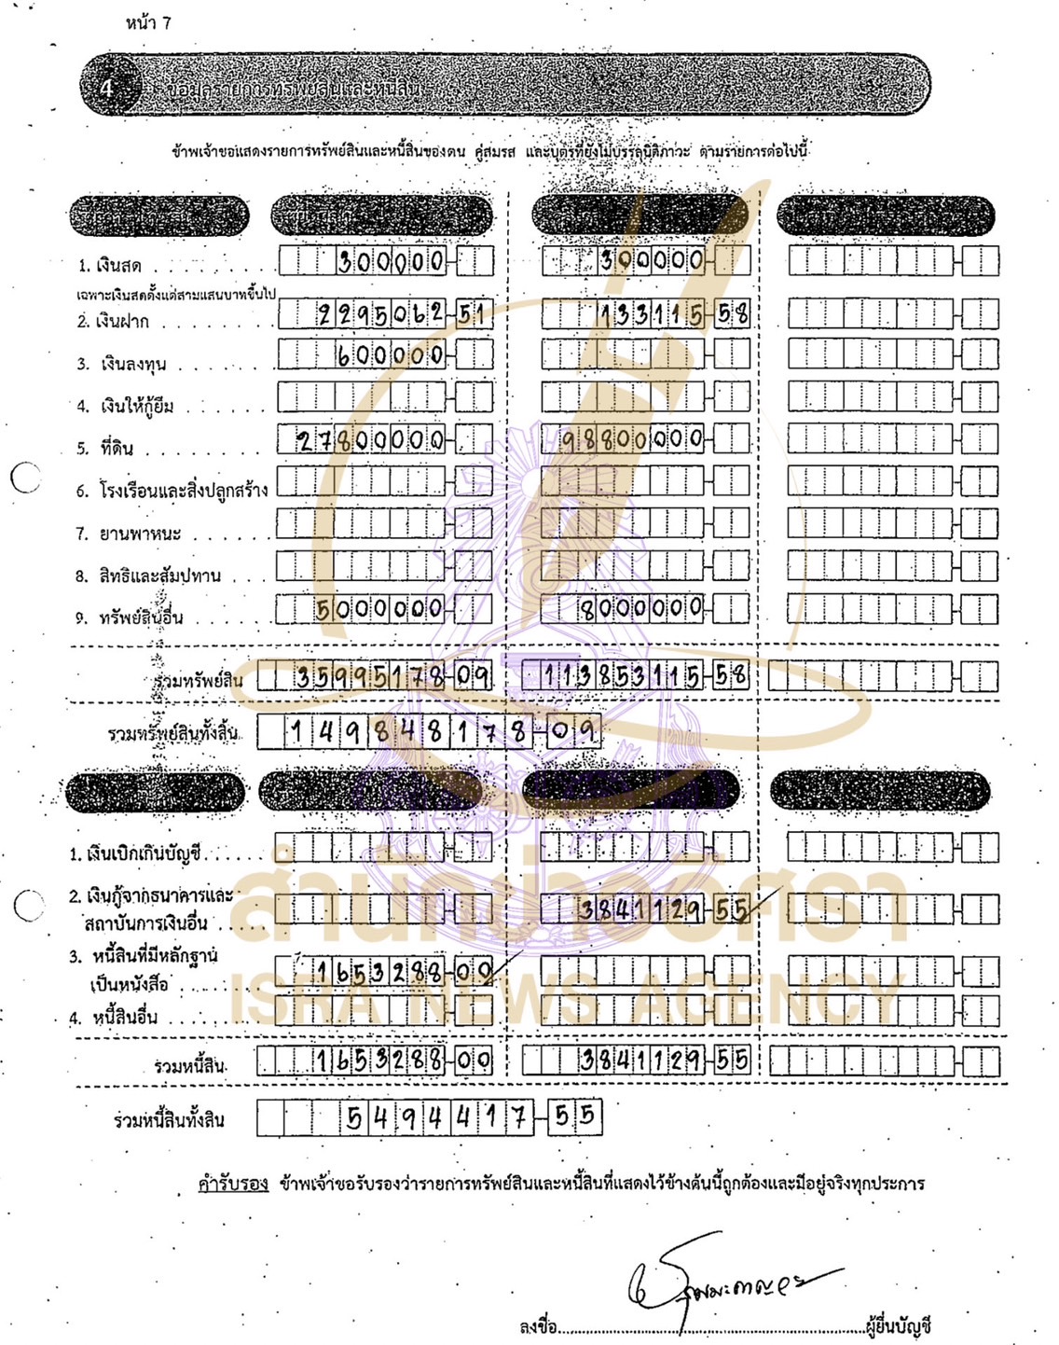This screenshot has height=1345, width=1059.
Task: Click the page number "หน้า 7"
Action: pyautogui.click(x=148, y=22)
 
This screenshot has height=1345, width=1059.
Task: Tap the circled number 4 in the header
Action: pyautogui.click(x=107, y=87)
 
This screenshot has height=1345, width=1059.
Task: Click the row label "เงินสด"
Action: pyautogui.click(x=119, y=266)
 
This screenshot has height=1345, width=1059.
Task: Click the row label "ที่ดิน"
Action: pyautogui.click(x=117, y=448)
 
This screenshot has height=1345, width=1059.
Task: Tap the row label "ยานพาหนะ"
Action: pyautogui.click(x=140, y=534)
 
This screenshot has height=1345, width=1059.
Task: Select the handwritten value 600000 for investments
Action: pyautogui.click(x=391, y=355)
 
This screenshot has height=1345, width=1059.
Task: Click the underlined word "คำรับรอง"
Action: pyautogui.click(x=233, y=1184)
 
